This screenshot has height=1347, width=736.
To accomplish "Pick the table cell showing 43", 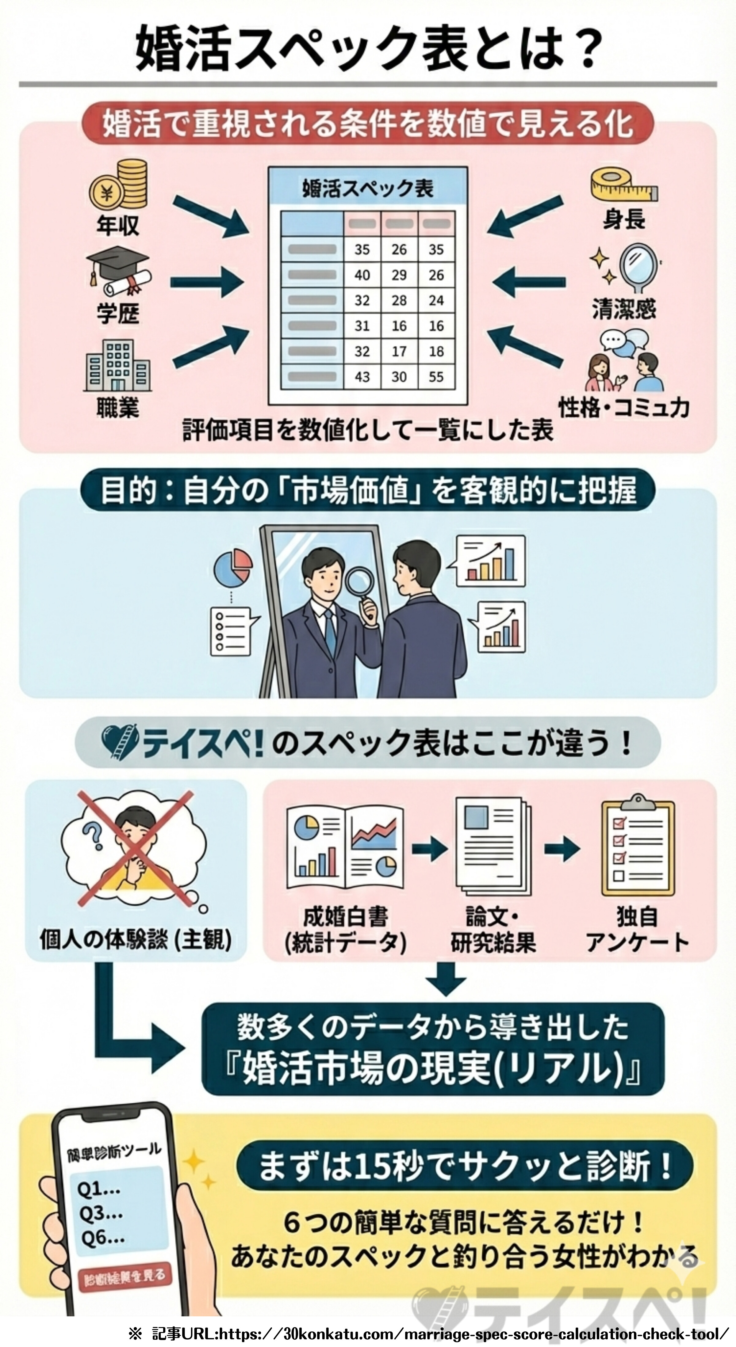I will tap(362, 376).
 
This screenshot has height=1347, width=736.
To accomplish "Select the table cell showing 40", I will tap(362, 275).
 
